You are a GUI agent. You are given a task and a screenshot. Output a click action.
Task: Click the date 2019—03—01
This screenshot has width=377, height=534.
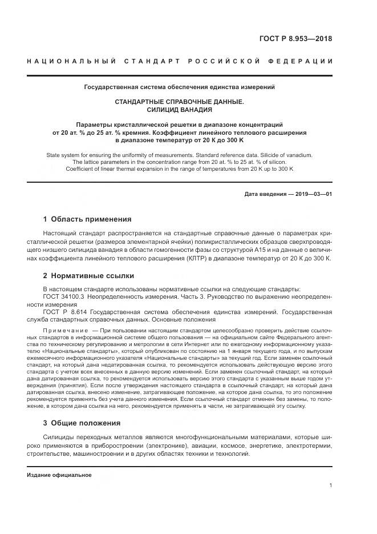click(x=313, y=194)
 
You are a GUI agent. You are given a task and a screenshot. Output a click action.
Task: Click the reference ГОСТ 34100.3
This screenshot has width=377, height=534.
click(x=63, y=297)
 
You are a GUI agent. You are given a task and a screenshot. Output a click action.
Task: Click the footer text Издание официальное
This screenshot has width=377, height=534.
click(x=59, y=475)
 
